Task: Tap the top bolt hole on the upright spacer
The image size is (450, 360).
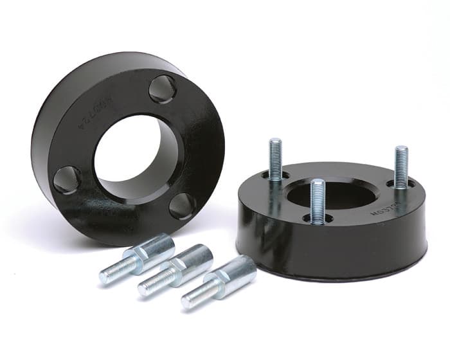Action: [163, 89]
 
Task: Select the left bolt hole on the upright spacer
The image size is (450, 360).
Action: [67, 179]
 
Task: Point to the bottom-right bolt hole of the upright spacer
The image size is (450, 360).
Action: [183, 206]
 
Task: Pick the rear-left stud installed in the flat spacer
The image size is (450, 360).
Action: [276, 161]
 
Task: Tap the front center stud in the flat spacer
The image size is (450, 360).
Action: [317, 201]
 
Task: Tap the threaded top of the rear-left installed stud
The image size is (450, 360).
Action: [275, 145]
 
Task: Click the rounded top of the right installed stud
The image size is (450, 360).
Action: [401, 150]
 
